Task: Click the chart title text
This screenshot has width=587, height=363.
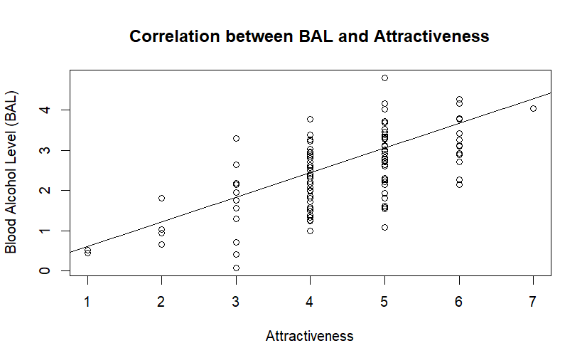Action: [x=309, y=36]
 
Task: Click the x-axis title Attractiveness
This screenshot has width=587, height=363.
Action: [x=309, y=336]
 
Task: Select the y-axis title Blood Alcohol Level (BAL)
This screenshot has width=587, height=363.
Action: [x=11, y=172]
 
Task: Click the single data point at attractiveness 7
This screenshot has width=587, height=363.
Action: [x=533, y=108]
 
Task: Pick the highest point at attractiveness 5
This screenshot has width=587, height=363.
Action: [x=384, y=78]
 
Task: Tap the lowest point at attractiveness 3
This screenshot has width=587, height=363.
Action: [x=236, y=268]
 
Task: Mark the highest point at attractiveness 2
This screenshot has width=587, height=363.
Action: [x=161, y=198]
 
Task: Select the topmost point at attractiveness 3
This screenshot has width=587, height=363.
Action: [x=236, y=138]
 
